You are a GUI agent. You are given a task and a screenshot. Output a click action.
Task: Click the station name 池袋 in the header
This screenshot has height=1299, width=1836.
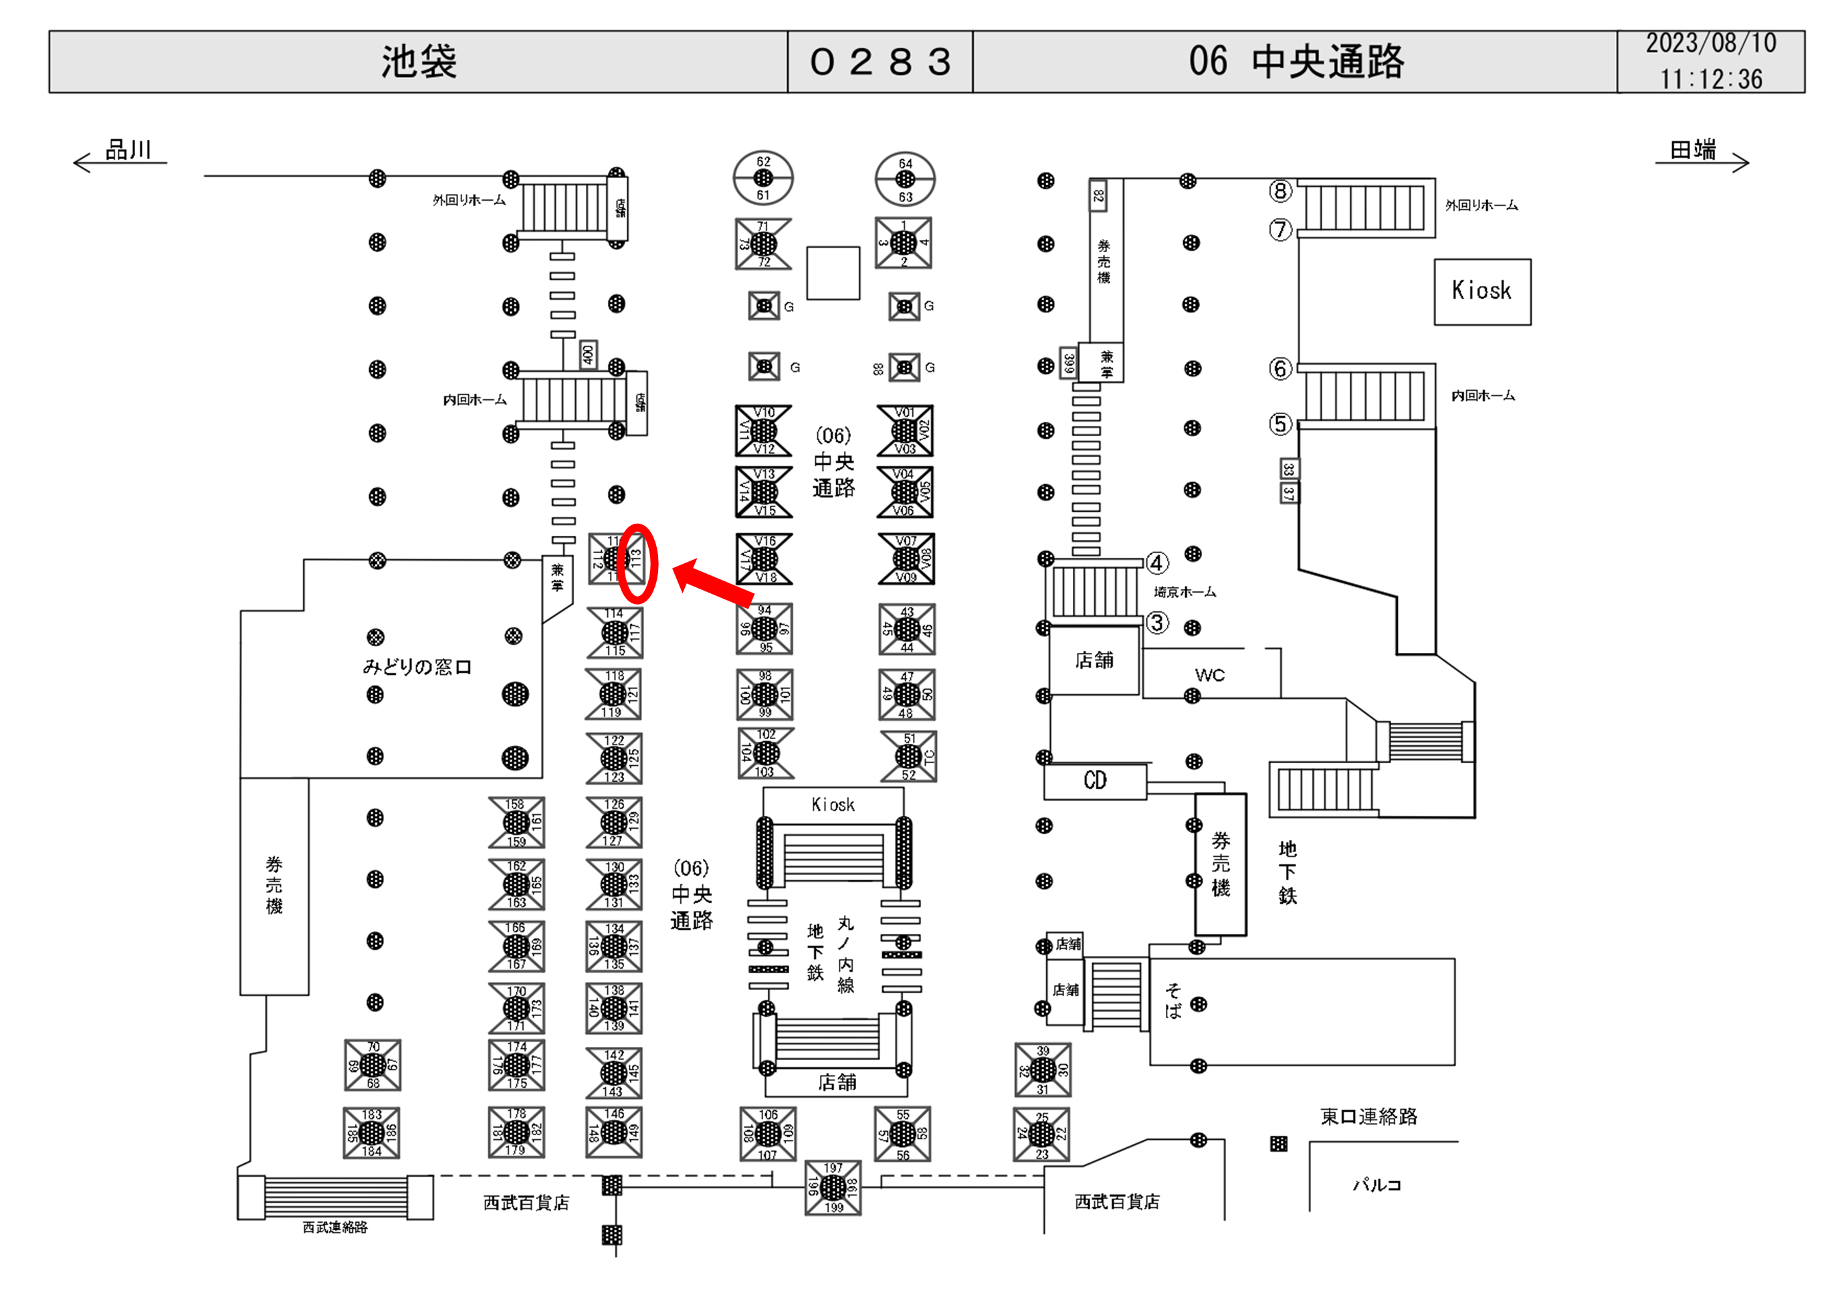[418, 62]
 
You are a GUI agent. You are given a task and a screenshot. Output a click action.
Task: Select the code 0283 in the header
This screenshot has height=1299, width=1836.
[880, 62]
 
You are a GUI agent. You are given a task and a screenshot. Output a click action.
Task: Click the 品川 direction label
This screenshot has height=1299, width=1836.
[128, 150]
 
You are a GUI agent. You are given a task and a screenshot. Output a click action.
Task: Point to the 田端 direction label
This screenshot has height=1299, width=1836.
[1692, 150]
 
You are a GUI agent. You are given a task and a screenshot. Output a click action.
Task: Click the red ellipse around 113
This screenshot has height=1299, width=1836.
[638, 563]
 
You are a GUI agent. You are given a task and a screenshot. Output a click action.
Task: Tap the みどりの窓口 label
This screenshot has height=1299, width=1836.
[417, 666]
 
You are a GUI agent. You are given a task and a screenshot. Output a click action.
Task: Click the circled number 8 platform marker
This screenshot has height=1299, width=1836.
[1280, 191]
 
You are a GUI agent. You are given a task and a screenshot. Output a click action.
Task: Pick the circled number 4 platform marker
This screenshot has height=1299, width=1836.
[1157, 563]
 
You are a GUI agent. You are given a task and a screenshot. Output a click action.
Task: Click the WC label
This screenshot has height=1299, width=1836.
[1209, 675]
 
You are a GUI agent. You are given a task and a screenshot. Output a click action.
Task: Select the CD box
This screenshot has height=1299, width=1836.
[1095, 781]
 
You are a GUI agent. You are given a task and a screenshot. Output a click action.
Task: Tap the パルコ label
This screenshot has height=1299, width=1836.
[1376, 1185]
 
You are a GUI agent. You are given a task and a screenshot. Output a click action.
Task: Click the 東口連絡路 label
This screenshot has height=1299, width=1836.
[1368, 1116]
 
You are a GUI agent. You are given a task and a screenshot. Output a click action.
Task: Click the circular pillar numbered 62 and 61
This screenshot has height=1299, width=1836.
[764, 177]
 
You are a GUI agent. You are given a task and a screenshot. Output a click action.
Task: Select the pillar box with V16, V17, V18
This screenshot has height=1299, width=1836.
[764, 559]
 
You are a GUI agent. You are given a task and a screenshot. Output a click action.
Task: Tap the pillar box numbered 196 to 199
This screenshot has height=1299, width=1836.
[833, 1188]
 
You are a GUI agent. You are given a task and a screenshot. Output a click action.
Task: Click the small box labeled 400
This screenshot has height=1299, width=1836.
[588, 354]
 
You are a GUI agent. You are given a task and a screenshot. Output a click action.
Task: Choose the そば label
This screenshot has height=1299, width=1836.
[1173, 1001]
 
